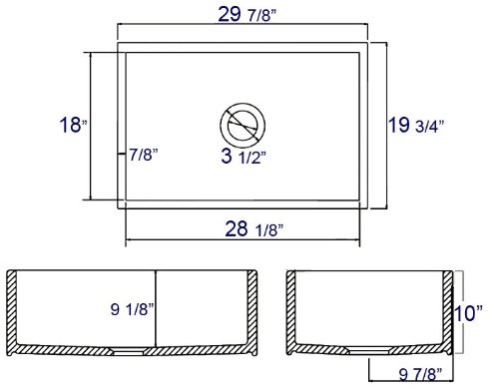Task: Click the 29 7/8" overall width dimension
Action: [247, 15]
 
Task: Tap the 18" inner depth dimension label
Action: [73, 125]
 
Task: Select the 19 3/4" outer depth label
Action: [416, 125]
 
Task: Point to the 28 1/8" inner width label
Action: [253, 229]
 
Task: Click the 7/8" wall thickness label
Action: [144, 155]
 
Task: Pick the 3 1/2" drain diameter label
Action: [244, 156]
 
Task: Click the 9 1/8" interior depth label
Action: [133, 309]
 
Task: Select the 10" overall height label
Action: [468, 313]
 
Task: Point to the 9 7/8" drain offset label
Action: [420, 375]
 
